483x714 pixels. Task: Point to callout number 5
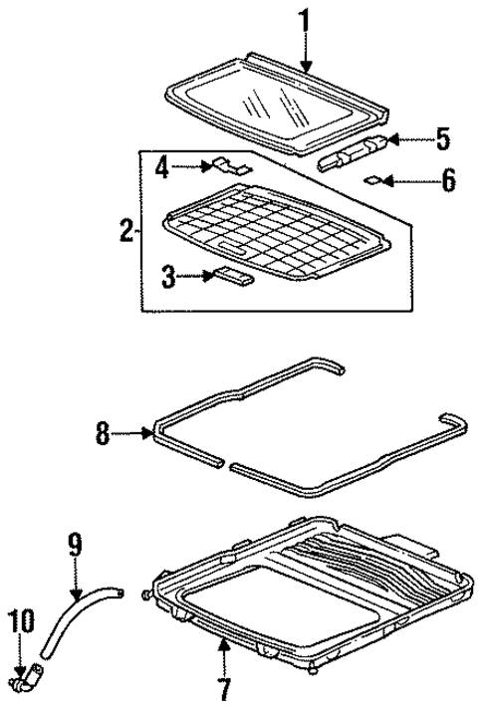(443, 138)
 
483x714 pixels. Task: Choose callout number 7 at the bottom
(226, 686)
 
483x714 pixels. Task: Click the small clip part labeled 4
(232, 166)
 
